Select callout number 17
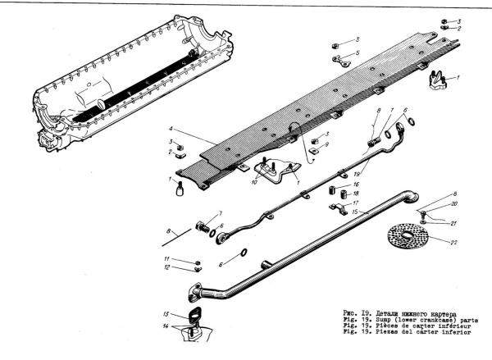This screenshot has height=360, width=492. coord(355,202)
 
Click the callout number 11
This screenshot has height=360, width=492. coord(166,259)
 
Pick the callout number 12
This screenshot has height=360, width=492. coord(166,268)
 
